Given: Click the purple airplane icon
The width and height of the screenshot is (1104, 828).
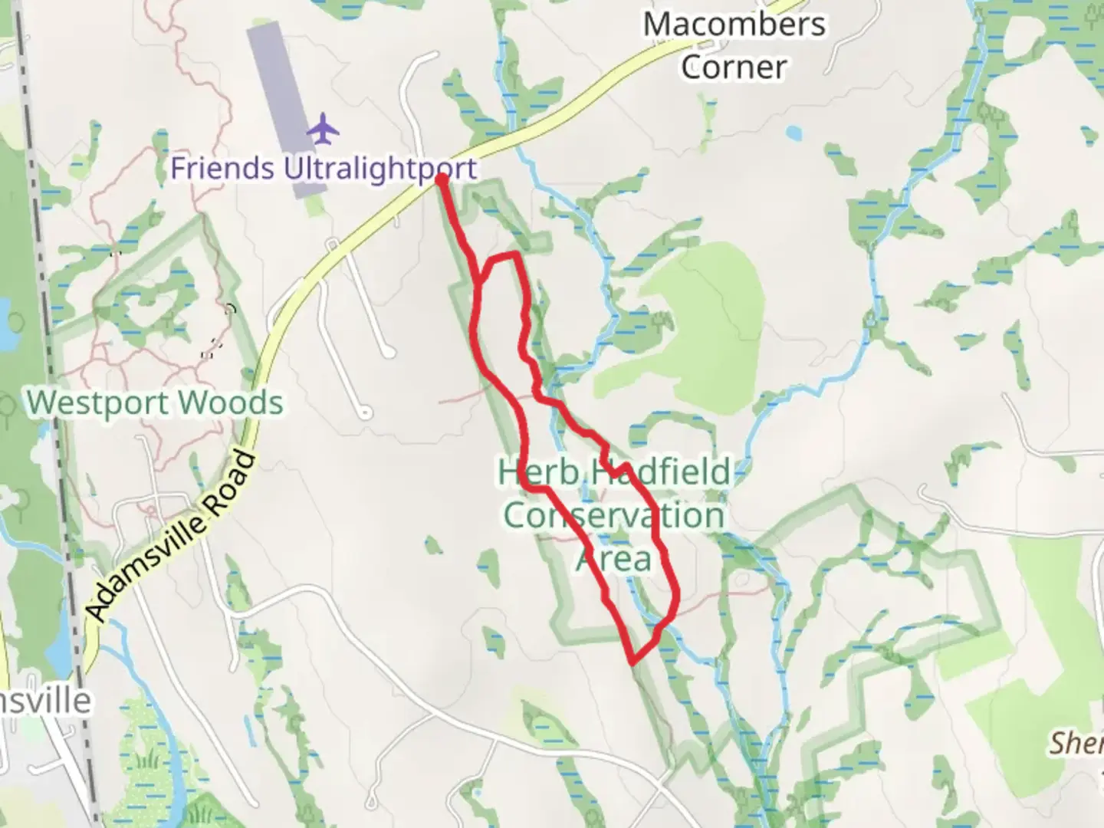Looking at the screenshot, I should [x=324, y=128].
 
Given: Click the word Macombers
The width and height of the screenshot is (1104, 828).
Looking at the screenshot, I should [x=734, y=25].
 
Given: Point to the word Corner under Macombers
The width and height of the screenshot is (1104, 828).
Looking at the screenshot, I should [x=733, y=67].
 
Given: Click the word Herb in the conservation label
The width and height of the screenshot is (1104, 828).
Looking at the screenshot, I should [x=537, y=472].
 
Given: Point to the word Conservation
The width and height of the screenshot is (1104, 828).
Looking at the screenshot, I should [x=613, y=515].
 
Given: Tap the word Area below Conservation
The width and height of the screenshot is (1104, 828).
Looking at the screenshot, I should [x=613, y=558].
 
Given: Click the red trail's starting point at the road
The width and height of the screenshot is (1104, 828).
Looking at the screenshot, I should [x=442, y=179].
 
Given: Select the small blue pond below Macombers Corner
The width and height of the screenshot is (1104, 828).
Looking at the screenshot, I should [x=793, y=133].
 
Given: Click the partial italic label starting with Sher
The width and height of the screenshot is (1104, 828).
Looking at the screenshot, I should [x=1076, y=742].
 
